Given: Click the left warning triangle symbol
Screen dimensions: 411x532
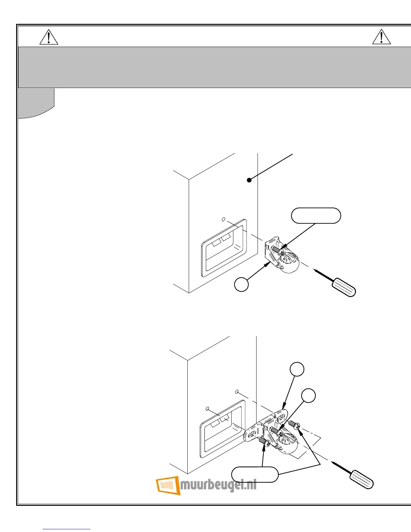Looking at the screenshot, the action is (49, 38).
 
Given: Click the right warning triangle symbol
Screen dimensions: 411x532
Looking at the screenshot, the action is (381, 37).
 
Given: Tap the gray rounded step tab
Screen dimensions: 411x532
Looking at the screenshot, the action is (36, 102).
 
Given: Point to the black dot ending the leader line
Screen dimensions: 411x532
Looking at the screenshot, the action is (249, 180).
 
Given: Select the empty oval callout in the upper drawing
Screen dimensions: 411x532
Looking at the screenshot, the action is (316, 216).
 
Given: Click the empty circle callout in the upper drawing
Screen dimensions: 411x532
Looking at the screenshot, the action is (241, 284).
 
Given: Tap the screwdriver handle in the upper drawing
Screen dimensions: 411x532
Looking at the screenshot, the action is (344, 287).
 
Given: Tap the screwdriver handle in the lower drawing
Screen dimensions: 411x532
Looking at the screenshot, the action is (362, 480).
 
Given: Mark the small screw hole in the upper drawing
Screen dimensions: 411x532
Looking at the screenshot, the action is (223, 219).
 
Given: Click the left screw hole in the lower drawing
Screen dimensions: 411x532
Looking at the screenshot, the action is (207, 409).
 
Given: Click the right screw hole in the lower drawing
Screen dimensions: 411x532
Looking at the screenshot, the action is (237, 392).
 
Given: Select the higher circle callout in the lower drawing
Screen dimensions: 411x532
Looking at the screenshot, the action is (297, 369).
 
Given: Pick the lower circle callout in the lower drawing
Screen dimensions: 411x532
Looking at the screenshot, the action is (308, 396).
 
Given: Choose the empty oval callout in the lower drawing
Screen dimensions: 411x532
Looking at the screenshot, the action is (255, 475).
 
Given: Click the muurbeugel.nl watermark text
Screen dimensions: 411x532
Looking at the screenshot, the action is (219, 485).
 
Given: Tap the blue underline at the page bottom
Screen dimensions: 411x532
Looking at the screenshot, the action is (66, 529).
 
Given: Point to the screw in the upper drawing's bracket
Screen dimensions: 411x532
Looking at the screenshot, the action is (278, 250).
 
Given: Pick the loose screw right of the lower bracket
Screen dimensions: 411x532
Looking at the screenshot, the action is (293, 425).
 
